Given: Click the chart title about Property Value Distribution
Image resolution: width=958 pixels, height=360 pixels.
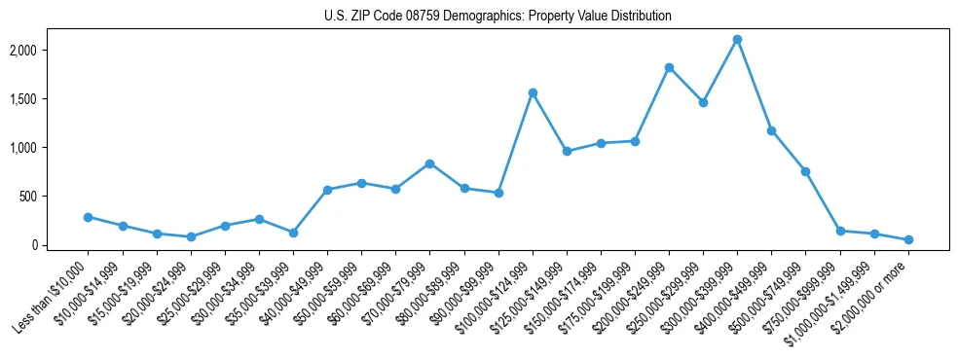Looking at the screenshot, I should [x=497, y=17].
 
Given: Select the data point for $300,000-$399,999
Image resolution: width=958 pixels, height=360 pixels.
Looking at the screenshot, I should [x=737, y=40].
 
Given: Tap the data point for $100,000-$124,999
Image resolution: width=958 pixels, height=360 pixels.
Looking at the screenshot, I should [x=533, y=92].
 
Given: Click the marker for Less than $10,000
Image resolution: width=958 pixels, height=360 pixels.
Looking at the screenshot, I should [x=88, y=217].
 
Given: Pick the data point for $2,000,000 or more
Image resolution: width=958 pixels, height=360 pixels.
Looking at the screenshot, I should [x=908, y=239].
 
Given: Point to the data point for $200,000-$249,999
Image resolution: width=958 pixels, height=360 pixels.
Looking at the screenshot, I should [x=669, y=67].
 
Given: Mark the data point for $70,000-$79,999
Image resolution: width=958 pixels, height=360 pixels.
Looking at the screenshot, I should [x=429, y=163].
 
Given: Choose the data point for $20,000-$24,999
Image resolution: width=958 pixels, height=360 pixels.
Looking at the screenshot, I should [x=191, y=236].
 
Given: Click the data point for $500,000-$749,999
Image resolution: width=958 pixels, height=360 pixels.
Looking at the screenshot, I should [x=806, y=171].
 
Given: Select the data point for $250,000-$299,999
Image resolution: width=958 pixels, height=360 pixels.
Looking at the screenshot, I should [x=703, y=102].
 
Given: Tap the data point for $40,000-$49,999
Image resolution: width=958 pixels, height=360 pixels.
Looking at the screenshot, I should [x=327, y=190].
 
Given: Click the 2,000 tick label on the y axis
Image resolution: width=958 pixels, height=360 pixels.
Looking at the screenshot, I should [x=51, y=50].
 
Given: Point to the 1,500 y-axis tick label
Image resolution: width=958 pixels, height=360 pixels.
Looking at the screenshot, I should [x=51, y=98].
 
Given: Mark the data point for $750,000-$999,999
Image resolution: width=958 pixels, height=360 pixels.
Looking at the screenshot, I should [x=840, y=231].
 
